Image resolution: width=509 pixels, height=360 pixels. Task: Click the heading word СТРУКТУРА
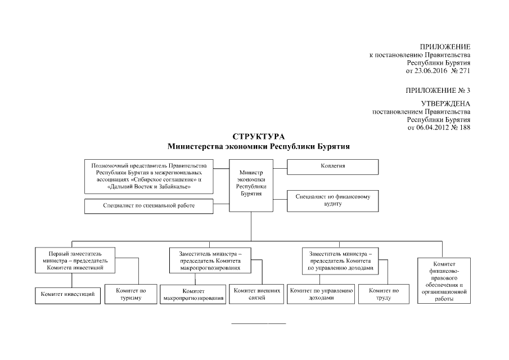pos(259,137)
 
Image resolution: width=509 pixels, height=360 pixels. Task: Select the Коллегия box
pos(332,167)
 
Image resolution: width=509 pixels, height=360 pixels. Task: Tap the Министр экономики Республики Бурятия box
pos(251,184)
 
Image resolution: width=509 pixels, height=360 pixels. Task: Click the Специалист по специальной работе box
pos(148,206)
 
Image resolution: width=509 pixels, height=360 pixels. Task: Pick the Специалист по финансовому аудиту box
pos(332,201)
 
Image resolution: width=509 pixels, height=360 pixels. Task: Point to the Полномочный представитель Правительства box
pos(148,176)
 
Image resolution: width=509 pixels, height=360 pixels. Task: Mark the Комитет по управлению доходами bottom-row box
pos(321,294)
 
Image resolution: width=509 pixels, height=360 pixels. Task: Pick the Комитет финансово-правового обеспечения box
pos(444,281)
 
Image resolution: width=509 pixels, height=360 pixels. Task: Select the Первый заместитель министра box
pos(71,260)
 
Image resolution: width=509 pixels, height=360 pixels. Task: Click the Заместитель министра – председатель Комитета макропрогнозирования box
pos(210,260)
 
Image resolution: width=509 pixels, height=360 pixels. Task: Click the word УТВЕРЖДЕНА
pos(445,103)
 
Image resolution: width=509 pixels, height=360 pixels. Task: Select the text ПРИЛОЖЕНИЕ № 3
pos(438,90)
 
